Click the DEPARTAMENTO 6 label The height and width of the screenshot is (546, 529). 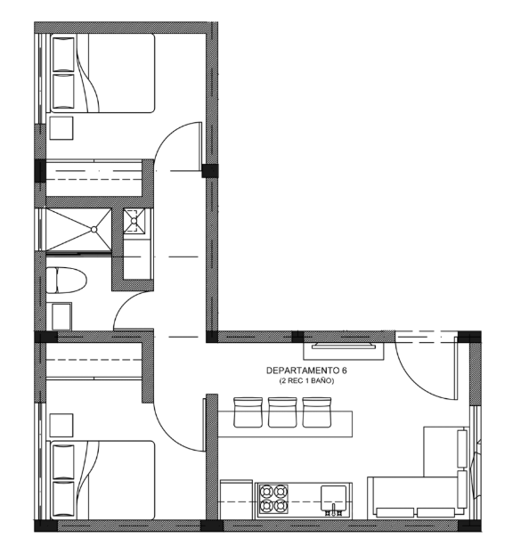point(306,371)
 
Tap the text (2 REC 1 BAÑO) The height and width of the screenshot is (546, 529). point(306,381)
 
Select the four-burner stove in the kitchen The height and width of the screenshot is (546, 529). point(273,500)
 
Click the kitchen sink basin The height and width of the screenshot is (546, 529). point(333,499)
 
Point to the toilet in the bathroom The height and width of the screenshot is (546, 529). point(66,281)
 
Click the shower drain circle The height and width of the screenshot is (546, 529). point(94,229)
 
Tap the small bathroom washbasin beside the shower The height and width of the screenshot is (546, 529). point(134,220)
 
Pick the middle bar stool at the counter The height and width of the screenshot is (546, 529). point(282,412)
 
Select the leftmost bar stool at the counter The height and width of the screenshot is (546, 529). point(248,412)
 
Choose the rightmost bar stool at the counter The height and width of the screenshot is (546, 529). point(316,412)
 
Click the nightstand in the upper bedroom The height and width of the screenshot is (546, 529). point(61,128)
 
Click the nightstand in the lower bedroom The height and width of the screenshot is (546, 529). point(61,425)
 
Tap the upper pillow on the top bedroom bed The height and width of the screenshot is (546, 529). point(63,54)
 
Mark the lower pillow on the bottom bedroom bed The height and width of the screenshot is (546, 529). point(63,499)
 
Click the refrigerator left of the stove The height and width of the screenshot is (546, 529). point(236,500)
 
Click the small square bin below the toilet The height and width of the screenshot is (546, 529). point(61,316)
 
